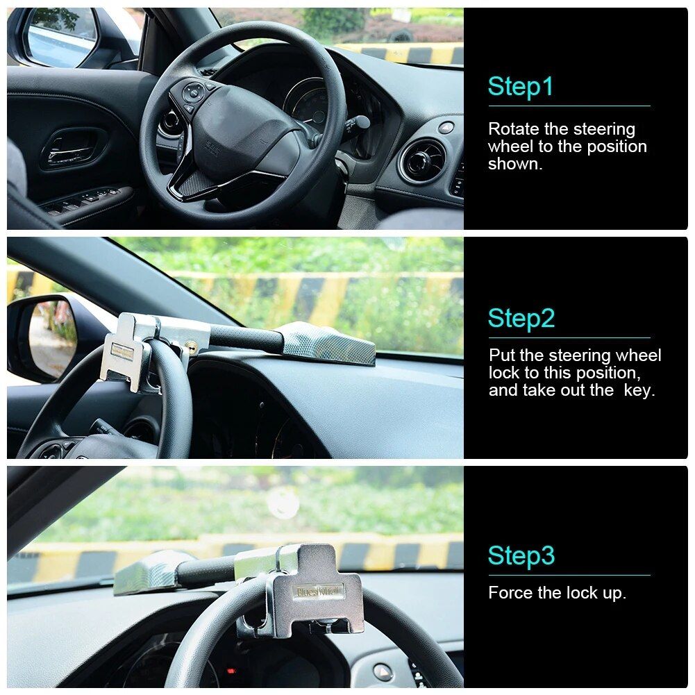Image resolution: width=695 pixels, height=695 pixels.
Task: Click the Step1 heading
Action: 521,87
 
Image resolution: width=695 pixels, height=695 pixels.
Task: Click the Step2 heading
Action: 521,318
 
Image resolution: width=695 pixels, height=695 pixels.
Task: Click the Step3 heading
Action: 521,555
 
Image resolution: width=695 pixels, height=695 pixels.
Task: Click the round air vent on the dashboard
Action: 423,161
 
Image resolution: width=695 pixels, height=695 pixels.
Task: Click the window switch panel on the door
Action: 83,201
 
